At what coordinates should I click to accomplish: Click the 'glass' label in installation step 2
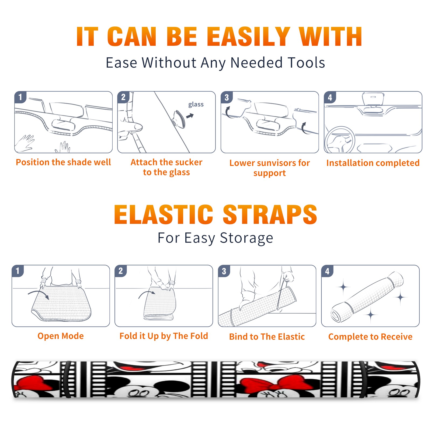[x=196, y=105]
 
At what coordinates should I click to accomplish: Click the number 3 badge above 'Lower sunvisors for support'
[x=226, y=97]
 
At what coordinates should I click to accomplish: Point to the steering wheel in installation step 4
[x=339, y=140]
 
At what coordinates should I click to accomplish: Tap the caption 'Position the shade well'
[x=63, y=162]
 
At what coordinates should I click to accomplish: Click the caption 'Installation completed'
[x=373, y=163]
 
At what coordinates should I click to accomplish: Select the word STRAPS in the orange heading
[x=270, y=214]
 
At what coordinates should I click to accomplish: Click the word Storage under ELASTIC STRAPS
[x=246, y=238]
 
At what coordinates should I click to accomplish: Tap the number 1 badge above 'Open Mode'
[x=18, y=271]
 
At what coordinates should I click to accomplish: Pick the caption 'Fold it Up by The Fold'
[x=164, y=336]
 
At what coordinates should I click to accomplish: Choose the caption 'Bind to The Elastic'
[x=267, y=337]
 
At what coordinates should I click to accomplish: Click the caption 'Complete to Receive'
[x=370, y=337]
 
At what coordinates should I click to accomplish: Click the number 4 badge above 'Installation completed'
[x=330, y=97]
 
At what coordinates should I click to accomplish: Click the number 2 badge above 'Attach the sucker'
[x=123, y=97]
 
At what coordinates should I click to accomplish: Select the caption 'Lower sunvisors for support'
[x=270, y=168]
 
